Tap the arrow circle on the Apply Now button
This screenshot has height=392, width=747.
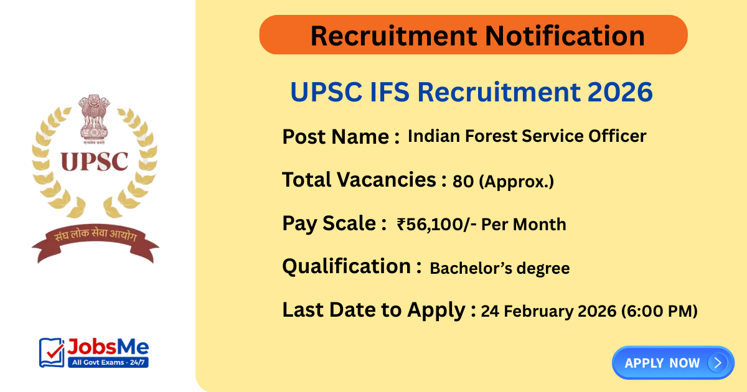(x=718, y=363)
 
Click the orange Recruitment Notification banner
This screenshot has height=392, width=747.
(x=473, y=35)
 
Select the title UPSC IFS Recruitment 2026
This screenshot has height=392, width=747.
(x=471, y=93)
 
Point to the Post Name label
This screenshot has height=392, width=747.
(x=341, y=136)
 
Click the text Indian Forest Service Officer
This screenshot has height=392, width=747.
(x=527, y=136)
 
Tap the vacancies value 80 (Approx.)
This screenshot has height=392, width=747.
(x=503, y=181)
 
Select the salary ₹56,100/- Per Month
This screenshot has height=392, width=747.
(x=481, y=224)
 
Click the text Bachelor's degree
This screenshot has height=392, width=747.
(x=500, y=268)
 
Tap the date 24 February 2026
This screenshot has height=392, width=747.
(x=548, y=311)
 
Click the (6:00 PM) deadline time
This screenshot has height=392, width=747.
(x=659, y=311)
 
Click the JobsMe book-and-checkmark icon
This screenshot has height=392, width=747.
(x=52, y=352)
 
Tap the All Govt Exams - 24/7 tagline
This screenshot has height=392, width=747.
(x=107, y=362)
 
